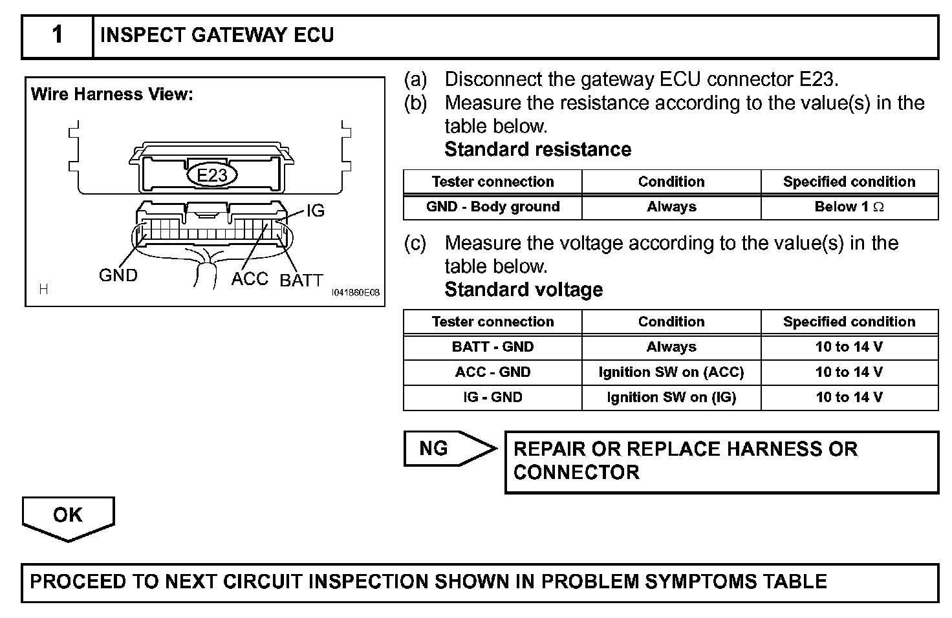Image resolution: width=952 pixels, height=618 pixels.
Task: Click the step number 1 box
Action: [58, 36]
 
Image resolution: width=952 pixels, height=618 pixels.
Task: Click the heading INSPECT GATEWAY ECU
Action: [217, 36]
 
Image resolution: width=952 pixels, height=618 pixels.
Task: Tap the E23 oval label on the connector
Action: [212, 175]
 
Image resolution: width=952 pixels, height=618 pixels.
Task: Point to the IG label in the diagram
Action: [315, 211]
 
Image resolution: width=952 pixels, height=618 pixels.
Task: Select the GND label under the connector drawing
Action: [118, 275]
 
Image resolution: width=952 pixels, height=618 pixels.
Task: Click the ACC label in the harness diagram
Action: [250, 279]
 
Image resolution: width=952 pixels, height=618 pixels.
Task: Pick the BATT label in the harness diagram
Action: [301, 281]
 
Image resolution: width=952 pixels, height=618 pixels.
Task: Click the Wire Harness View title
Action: [112, 94]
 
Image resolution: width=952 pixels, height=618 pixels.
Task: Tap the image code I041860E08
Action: [355, 293]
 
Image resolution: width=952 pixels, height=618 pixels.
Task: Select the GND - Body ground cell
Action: [493, 207]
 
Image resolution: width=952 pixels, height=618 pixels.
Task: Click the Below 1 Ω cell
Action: [849, 207]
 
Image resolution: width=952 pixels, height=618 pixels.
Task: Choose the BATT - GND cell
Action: [493, 347]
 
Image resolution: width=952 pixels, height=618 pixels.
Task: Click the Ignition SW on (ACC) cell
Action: [671, 372]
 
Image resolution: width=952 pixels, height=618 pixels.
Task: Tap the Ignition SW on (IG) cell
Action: [671, 398]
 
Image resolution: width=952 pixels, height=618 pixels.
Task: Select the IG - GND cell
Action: [493, 398]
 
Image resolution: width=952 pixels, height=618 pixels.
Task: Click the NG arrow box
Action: [446, 448]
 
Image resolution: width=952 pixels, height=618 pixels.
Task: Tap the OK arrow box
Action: [68, 516]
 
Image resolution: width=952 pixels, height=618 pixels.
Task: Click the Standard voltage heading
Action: [523, 290]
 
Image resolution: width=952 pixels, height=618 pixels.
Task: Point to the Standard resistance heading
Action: [537, 149]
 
